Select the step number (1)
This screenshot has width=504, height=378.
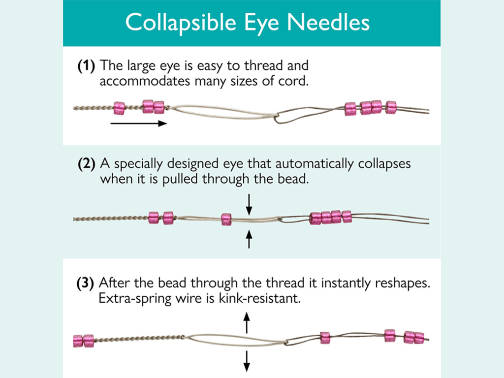[x=87, y=66]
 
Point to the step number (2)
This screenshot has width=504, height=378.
[x=87, y=164]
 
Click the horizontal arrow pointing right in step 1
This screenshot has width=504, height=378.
[x=138, y=124]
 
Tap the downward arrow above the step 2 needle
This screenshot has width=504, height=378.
[x=249, y=204]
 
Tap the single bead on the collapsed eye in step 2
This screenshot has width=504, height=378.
[x=226, y=219]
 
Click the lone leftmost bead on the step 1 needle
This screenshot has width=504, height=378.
[x=119, y=107]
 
